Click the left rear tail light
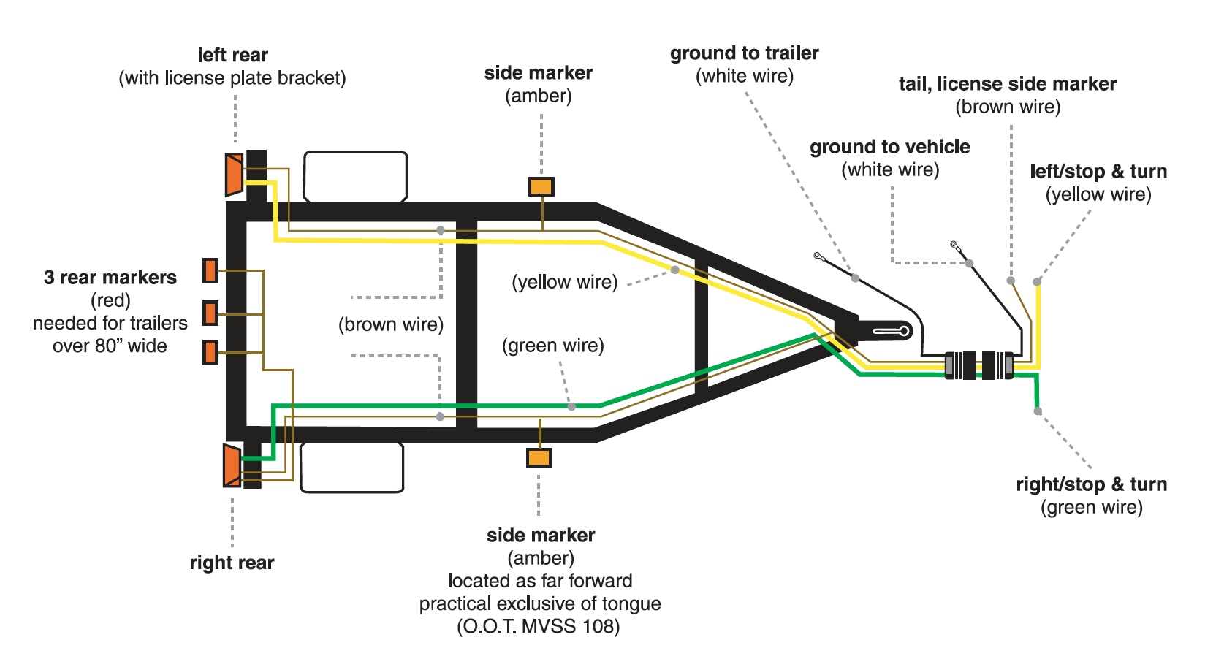click(234, 174)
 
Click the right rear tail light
click(232, 465)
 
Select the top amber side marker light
click(541, 186)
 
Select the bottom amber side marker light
click(539, 457)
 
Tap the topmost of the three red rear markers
click(210, 270)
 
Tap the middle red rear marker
click(210, 313)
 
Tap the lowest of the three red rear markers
click(210, 352)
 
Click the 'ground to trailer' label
click(744, 53)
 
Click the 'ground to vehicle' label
click(889, 147)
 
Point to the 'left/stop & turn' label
click(1098, 172)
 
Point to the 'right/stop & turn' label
click(1091, 484)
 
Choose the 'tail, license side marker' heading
click(1007, 84)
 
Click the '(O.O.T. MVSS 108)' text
click(539, 627)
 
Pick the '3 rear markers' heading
click(110, 278)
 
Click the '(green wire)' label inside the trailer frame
click(552, 346)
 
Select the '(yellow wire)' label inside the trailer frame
click(564, 282)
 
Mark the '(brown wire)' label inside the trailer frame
click(391, 324)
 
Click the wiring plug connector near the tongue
click(979, 365)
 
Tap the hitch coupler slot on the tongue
click(892, 332)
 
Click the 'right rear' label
click(232, 563)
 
